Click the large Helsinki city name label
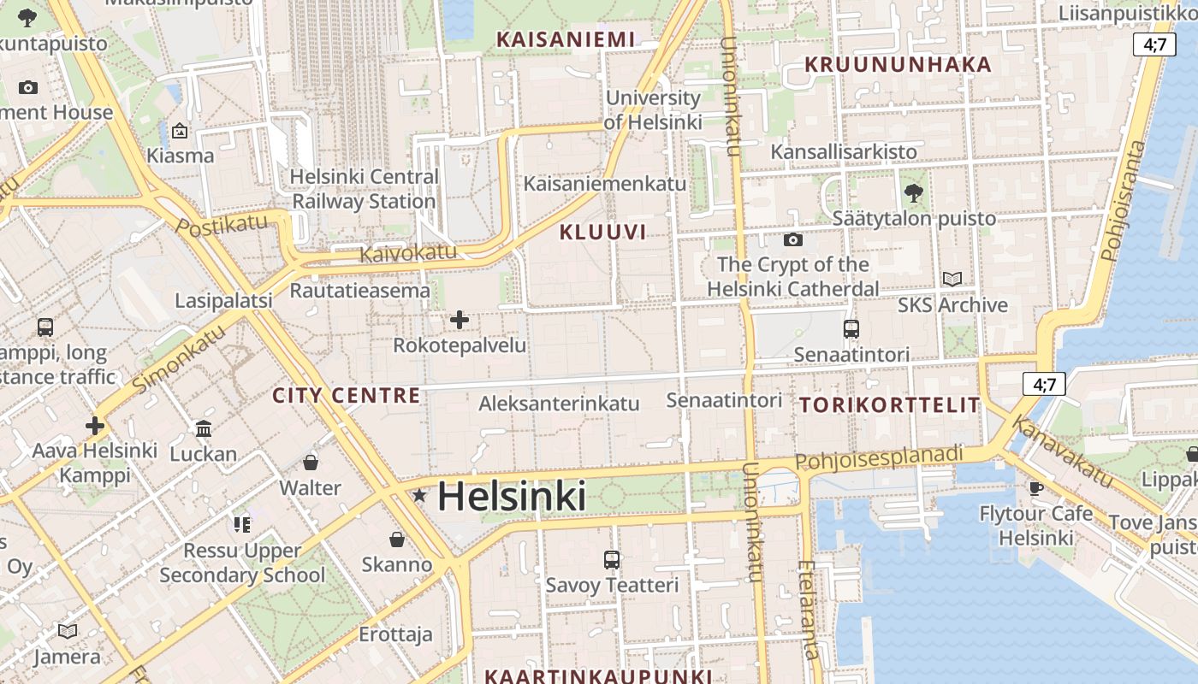[512, 497]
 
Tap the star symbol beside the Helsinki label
[419, 496]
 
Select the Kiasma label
[180, 156]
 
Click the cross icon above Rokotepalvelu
[460, 320]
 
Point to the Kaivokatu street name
[408, 253]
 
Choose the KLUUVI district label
[602, 232]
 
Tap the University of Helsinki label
[653, 110]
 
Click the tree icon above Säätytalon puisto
[914, 192]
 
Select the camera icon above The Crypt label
[792, 239]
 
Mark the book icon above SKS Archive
[952, 279]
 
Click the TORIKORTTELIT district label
[890, 405]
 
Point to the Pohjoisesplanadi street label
[879, 458]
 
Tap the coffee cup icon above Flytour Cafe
[1035, 488]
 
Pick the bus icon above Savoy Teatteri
[611, 560]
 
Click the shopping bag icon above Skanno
[396, 540]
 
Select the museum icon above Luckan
[204, 428]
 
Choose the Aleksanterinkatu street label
[559, 404]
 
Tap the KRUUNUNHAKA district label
[898, 65]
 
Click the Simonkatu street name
[181, 361]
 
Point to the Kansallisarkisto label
[843, 152]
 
